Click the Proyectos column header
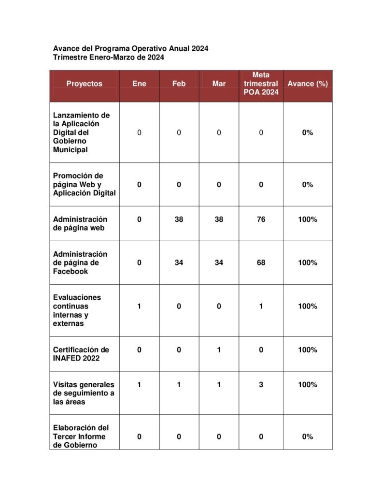point(85,84)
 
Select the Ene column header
point(139,84)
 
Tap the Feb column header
point(179,84)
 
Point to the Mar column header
point(219,84)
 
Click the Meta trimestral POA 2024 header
point(261,84)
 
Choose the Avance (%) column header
point(308,84)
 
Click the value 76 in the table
point(261,219)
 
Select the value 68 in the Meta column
point(261,263)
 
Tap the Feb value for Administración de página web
point(179,219)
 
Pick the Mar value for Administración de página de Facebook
point(219,263)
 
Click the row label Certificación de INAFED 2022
point(81,354)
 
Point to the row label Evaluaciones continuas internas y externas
point(77,310)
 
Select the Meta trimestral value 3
point(261,385)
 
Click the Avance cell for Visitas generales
point(308,385)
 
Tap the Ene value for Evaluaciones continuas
point(139,306)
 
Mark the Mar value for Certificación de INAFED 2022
point(219,350)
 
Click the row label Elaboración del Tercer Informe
point(81,437)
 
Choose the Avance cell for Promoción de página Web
point(308,185)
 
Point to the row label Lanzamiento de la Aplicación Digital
point(81,132)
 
